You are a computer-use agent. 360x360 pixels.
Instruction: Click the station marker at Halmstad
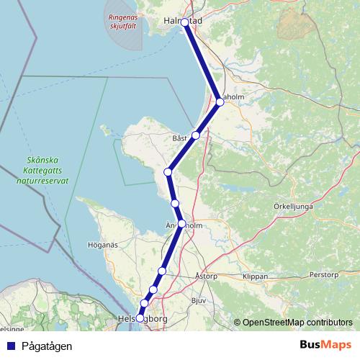[185, 22]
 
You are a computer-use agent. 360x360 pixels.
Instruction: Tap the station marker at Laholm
[220, 102]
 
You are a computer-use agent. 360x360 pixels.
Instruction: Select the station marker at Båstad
[195, 135]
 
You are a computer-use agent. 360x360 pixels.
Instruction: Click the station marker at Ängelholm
[181, 223]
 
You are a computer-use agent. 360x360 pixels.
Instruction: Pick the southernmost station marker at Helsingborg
[140, 318]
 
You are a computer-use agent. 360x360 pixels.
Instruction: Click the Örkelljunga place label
[292, 205]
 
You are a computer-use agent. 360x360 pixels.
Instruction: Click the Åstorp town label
[205, 276]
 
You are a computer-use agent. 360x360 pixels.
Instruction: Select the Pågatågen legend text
[46, 346]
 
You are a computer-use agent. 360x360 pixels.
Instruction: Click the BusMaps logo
[325, 345]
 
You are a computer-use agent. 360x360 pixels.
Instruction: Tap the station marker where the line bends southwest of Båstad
[168, 171]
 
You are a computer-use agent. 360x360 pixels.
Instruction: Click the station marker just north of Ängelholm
[175, 204]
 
